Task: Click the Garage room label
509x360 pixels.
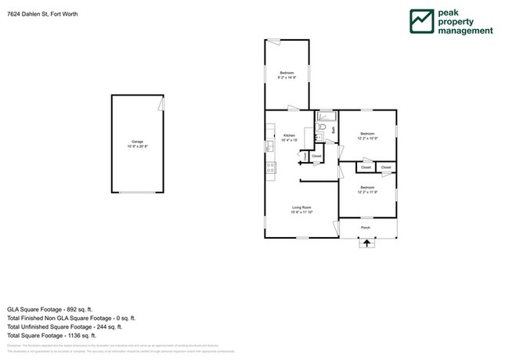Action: (x=138, y=142)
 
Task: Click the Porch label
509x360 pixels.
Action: (x=366, y=228)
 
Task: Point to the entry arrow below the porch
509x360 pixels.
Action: (x=366, y=243)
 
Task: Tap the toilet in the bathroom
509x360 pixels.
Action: (x=323, y=125)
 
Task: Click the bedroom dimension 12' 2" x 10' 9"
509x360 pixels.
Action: (x=368, y=139)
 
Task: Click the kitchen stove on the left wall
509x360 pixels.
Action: (x=270, y=166)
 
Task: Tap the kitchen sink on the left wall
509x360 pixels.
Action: (x=269, y=146)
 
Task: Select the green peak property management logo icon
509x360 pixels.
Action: (x=422, y=22)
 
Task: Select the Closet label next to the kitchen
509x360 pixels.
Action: (x=316, y=157)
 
